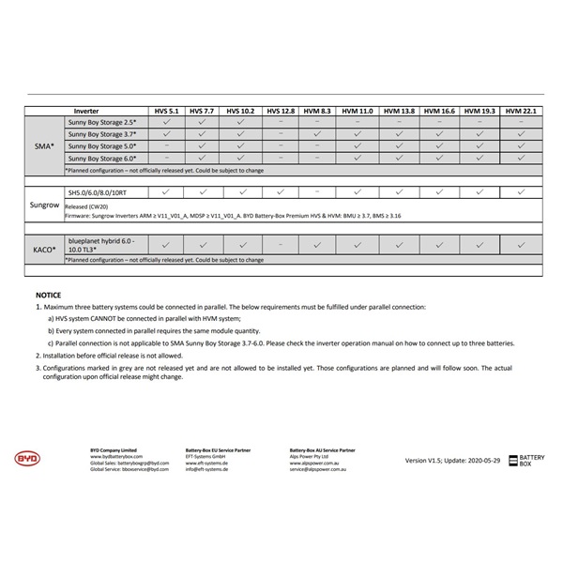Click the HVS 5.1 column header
point(166,111)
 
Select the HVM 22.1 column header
point(521,111)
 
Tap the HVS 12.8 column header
point(281,111)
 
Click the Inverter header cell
point(85,111)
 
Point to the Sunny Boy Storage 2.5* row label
point(102,123)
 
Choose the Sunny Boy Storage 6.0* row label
point(102,159)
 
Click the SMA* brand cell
point(43,146)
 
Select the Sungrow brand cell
point(43,204)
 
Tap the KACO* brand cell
point(43,250)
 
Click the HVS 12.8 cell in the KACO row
point(281,245)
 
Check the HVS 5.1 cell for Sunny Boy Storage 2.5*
point(166,123)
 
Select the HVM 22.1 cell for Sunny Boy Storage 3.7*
point(521,134)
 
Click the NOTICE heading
point(48,294)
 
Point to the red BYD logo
point(27,458)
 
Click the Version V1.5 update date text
point(453,461)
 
